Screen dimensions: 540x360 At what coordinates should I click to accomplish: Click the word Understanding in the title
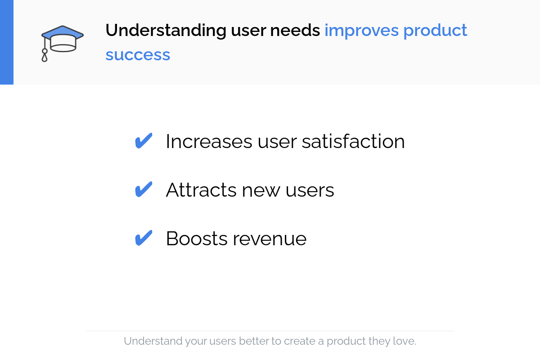click(166, 31)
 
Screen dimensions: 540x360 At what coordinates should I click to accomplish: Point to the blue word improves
click(361, 31)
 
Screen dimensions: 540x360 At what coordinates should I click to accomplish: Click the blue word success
click(138, 55)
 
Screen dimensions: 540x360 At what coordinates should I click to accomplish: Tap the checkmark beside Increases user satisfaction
click(144, 141)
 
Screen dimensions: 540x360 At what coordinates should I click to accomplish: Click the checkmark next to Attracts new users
click(144, 189)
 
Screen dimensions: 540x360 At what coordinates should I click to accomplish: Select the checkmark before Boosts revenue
click(144, 238)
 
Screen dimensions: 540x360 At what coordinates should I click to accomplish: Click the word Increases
click(209, 142)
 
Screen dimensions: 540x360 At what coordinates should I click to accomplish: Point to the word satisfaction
click(353, 141)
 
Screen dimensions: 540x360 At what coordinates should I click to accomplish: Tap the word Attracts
click(201, 190)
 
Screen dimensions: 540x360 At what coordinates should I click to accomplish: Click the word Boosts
click(197, 238)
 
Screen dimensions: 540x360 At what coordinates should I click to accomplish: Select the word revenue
click(270, 240)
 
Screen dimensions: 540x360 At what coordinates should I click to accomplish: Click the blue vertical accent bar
click(7, 42)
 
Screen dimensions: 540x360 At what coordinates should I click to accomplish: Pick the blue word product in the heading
click(435, 31)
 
